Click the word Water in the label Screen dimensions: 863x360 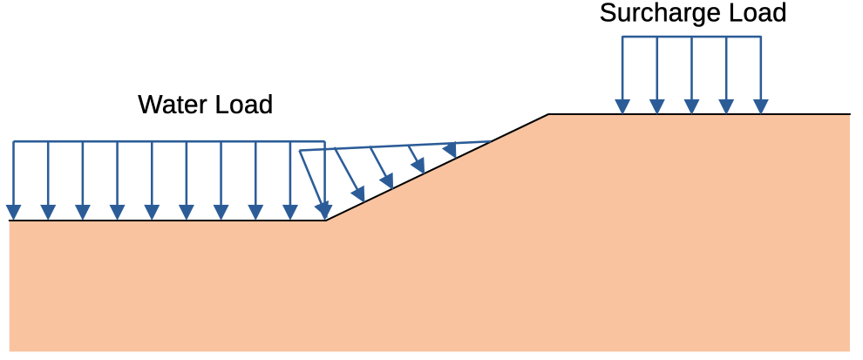172,105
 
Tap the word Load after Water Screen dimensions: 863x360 243,105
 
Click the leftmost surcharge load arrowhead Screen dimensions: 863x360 622,107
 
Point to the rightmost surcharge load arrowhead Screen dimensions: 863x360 761,107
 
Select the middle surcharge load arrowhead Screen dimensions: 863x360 691,107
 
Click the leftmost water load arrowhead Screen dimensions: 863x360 14,213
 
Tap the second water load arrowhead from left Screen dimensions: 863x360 49,213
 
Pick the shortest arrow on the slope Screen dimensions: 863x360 450,150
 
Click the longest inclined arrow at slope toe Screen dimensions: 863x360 313,185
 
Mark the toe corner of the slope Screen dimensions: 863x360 326,221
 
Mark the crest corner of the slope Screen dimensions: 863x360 548,114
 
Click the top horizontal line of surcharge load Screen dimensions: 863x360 691,37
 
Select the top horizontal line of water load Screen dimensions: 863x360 169,142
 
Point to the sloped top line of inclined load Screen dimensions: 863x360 395,146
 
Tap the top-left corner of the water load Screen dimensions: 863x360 14,142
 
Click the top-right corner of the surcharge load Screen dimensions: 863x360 761,37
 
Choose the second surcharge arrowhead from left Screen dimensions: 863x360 657,107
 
